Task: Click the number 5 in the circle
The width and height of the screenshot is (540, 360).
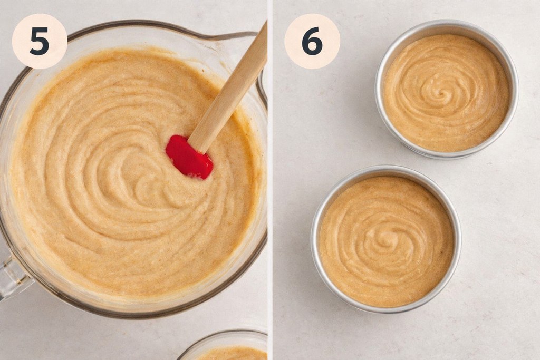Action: [x=39, y=41]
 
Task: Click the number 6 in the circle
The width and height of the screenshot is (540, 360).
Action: [x=312, y=41]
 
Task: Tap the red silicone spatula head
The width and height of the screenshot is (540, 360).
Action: [x=188, y=157]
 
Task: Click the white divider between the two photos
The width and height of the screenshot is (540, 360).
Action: [x=270, y=179]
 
